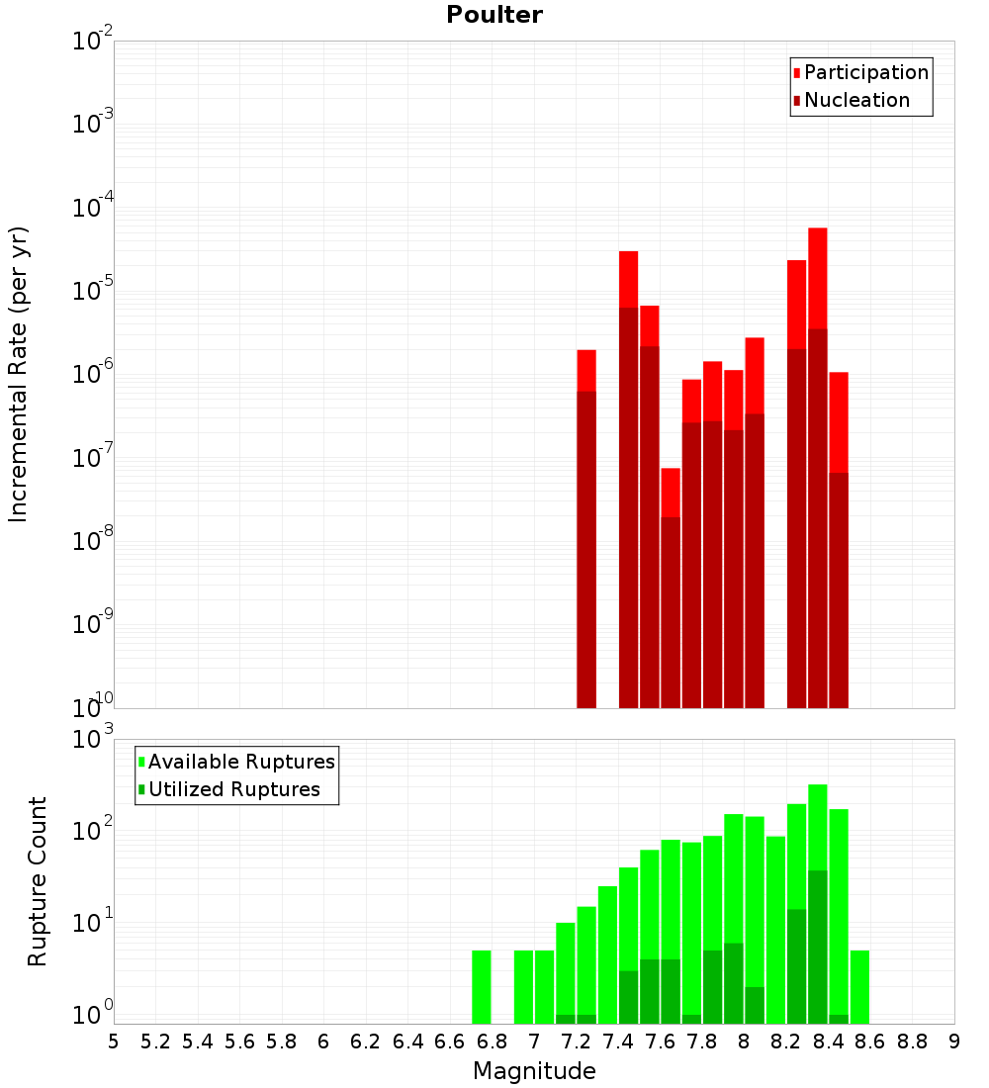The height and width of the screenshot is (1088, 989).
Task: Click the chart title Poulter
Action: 494,15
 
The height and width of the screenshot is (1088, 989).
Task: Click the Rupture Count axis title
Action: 38,881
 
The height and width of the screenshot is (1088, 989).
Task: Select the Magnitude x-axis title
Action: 534,1071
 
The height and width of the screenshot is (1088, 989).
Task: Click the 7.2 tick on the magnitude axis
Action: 576,1042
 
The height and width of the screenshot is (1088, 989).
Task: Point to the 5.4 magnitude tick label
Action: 197,1042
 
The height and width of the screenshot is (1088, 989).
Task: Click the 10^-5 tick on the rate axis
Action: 94,291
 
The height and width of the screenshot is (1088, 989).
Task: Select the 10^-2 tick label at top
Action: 94,42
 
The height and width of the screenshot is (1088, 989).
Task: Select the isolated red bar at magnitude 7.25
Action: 585,495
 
